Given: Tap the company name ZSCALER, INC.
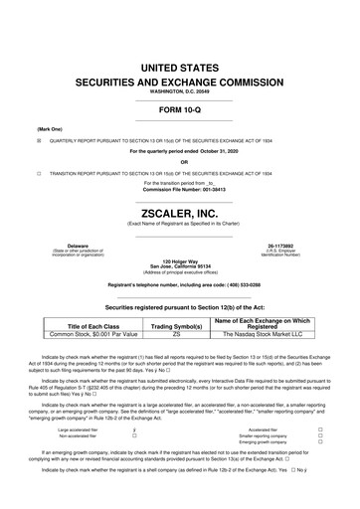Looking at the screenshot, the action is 180,212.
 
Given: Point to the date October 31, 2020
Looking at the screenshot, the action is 229,151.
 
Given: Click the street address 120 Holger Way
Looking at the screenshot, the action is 180,261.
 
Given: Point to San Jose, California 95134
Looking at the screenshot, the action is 180,267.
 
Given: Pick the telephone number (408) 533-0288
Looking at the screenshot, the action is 237,285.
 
